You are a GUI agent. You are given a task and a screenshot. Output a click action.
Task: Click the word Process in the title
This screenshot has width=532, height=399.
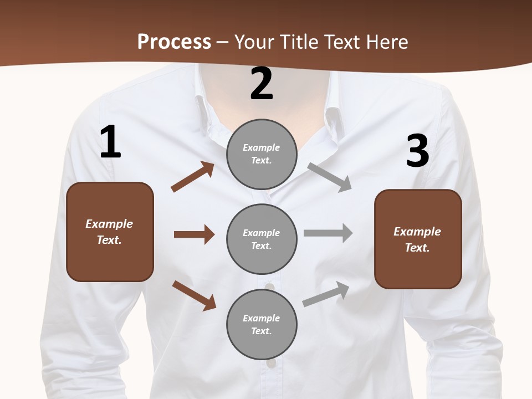pyautogui.click(x=174, y=42)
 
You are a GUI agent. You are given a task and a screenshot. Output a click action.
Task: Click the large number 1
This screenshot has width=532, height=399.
pyautogui.click(x=110, y=142)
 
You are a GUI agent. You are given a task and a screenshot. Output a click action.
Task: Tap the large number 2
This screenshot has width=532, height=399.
pyautogui.click(x=262, y=84)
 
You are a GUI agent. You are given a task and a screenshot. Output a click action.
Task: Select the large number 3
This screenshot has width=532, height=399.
pyautogui.click(x=417, y=151)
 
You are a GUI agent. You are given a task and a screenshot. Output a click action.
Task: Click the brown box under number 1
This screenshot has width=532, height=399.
pyautogui.click(x=110, y=232)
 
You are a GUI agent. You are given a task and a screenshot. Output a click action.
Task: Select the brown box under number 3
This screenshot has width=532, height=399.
pyautogui.click(x=418, y=239)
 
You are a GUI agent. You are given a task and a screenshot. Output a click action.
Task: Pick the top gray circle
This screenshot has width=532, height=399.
pyautogui.click(x=262, y=154)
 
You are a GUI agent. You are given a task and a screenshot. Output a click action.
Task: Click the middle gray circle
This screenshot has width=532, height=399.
pyautogui.click(x=262, y=239)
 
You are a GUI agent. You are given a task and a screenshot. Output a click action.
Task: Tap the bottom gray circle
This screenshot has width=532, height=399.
pyautogui.click(x=262, y=324)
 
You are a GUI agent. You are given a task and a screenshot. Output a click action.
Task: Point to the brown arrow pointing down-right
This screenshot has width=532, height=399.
pyautogui.click(x=194, y=295)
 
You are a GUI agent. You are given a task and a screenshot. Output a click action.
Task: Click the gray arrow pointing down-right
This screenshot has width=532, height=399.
pyautogui.click(x=329, y=177)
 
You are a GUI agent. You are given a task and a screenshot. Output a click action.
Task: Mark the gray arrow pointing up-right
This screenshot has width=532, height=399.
pyautogui.click(x=326, y=294)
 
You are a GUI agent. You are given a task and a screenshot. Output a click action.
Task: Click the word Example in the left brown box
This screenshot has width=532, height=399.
pyautogui.click(x=109, y=224)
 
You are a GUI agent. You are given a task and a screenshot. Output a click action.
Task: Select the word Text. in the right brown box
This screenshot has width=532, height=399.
pyautogui.click(x=417, y=248)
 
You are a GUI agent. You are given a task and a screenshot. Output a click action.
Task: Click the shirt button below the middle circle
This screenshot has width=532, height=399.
pyautogui.click(x=270, y=287)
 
